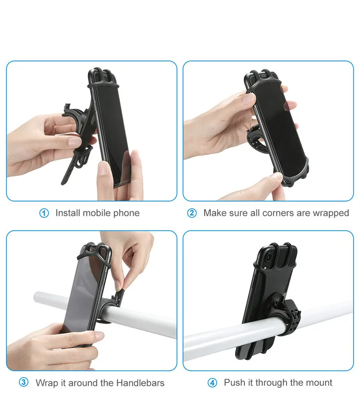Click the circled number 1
[x=44, y=213]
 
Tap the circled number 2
[x=192, y=213]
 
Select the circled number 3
[x=24, y=383]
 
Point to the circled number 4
[x=212, y=383]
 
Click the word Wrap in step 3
[x=46, y=383]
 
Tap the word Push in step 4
[x=234, y=383]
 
